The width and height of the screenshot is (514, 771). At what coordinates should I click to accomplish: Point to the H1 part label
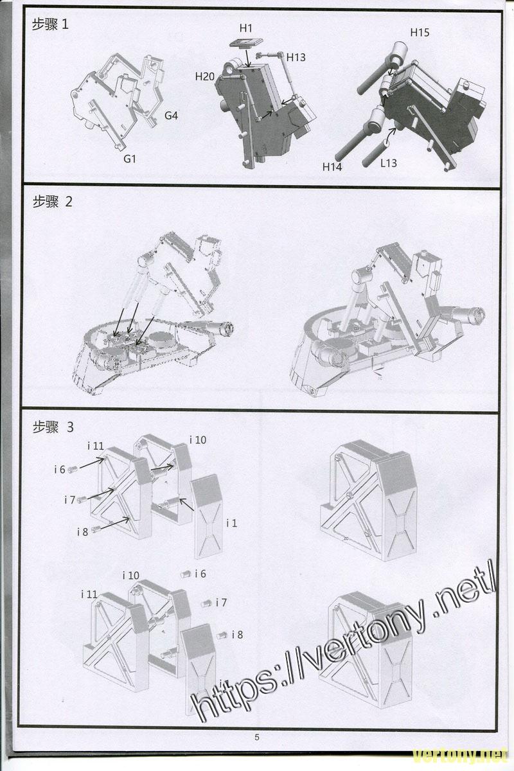[x=246, y=28]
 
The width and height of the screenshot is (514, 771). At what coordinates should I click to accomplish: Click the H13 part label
[x=296, y=58]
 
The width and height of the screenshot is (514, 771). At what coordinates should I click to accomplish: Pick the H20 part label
[x=205, y=76]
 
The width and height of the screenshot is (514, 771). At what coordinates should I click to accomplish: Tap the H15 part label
[x=420, y=32]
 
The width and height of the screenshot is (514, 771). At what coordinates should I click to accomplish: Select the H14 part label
[x=332, y=167]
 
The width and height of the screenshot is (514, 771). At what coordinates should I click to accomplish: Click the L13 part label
[x=388, y=163]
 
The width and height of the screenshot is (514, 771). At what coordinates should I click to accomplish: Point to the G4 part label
[x=171, y=116]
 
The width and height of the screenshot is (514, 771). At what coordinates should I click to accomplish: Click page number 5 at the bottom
[x=257, y=738]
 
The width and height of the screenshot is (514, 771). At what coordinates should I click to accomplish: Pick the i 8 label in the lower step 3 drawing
[x=237, y=635]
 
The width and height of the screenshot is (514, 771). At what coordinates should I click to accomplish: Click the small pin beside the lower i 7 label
[x=207, y=603]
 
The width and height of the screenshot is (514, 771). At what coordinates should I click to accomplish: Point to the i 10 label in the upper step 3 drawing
[x=198, y=440]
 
